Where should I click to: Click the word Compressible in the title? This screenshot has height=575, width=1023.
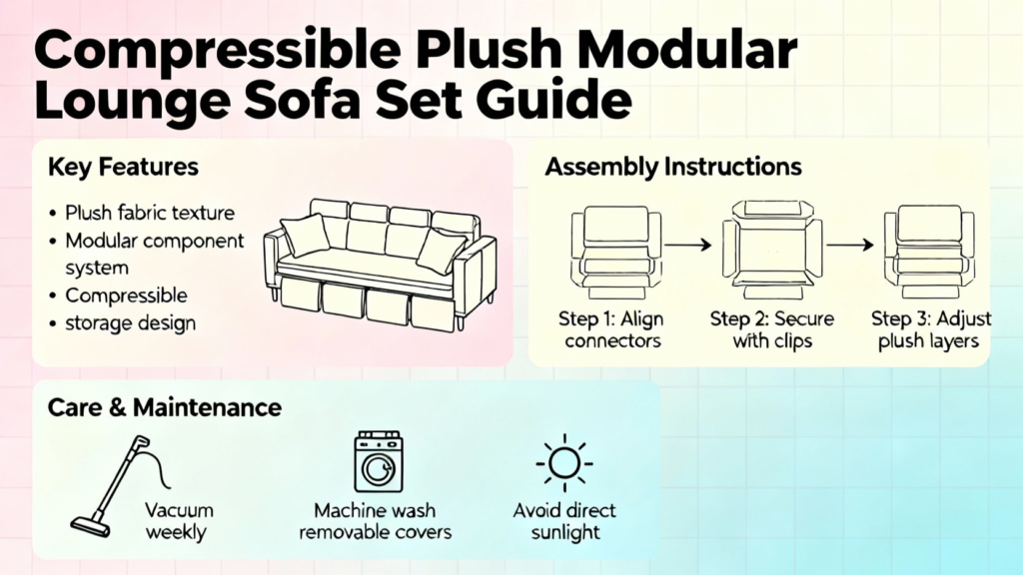[x=217, y=51]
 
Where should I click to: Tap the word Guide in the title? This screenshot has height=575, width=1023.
[x=553, y=100]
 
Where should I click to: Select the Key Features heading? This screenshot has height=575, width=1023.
[x=123, y=167]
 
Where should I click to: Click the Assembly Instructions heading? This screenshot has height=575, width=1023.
[x=673, y=167]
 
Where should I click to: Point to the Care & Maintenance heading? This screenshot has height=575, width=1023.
[x=165, y=407]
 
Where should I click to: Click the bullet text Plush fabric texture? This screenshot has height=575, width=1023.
[x=150, y=214]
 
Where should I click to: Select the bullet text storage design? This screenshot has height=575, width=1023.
[x=130, y=323]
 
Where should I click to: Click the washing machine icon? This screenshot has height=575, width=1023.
[x=379, y=461]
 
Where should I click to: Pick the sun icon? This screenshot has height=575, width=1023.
[x=564, y=463]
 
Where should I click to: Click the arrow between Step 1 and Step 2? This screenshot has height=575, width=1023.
[x=687, y=246]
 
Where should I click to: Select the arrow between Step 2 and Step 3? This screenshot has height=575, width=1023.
[x=850, y=246]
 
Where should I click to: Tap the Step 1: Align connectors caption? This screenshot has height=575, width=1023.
[x=612, y=329]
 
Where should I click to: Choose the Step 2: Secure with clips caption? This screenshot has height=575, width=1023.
[x=772, y=329]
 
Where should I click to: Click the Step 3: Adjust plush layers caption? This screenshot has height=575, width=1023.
[x=930, y=329]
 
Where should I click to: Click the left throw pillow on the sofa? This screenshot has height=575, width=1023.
[x=306, y=235]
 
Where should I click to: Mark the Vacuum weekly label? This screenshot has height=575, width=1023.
[x=179, y=521]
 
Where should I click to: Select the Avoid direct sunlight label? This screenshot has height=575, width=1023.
[x=564, y=521]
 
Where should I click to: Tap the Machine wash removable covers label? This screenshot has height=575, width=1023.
[x=376, y=521]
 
